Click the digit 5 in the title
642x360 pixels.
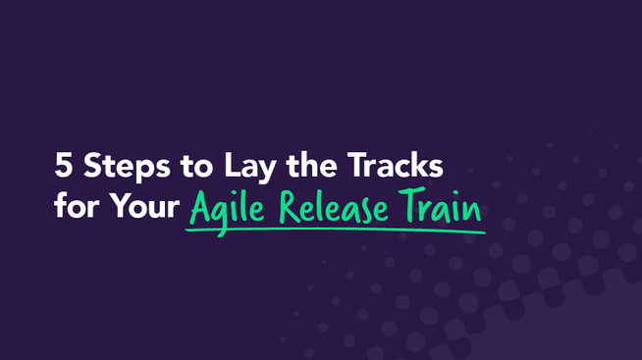[x=64, y=166]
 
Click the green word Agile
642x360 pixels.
[x=225, y=210]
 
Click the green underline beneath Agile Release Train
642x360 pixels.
[x=334, y=231]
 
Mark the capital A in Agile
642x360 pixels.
[x=200, y=208]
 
